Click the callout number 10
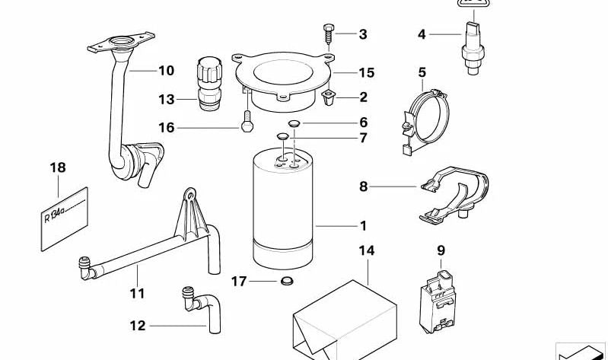click(166, 72)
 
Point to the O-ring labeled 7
click(282, 138)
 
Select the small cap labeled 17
click(286, 283)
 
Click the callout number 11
click(138, 292)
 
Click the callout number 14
click(367, 250)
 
